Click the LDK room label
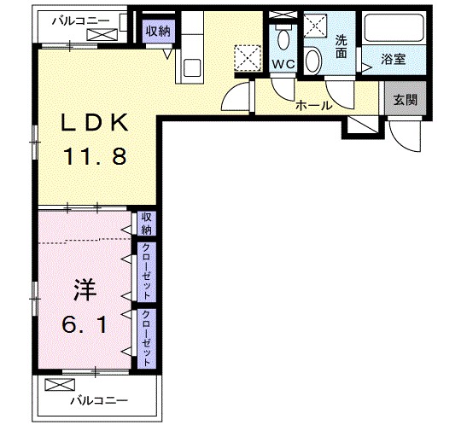(94, 123)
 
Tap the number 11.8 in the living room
(94, 156)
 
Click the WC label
(283, 64)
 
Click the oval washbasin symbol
(313, 61)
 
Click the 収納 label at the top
(157, 31)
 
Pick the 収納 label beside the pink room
(146, 223)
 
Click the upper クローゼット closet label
(146, 271)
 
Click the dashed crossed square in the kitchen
(248, 58)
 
